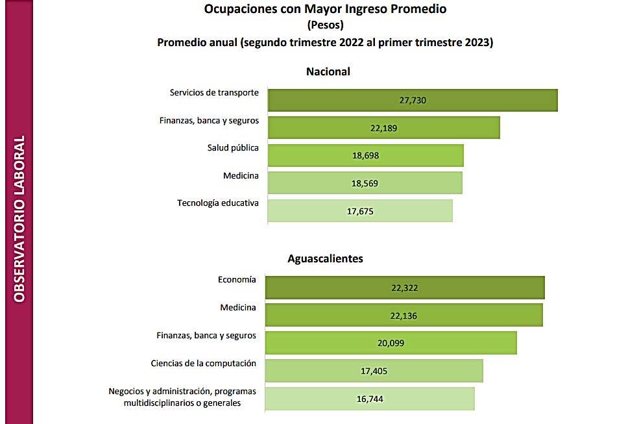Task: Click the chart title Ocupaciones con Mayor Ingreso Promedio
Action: [325, 9]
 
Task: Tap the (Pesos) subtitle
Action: [325, 26]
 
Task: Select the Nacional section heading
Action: [328, 71]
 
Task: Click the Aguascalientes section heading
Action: [325, 258]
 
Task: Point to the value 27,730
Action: [413, 100]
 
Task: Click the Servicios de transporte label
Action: [214, 93]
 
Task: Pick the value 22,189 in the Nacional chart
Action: [383, 128]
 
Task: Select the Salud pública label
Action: [233, 148]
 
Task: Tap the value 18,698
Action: [365, 156]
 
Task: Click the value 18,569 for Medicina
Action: [365, 183]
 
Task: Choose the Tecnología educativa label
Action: [218, 203]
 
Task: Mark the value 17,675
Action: [360, 211]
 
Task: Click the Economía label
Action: [237, 280]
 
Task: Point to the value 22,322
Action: [405, 288]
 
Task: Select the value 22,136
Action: [404, 316]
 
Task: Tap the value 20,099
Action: [391, 343]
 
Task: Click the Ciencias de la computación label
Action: [203, 364]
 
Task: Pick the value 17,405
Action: [374, 371]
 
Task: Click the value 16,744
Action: [370, 399]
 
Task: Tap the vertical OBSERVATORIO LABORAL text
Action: [19, 219]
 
